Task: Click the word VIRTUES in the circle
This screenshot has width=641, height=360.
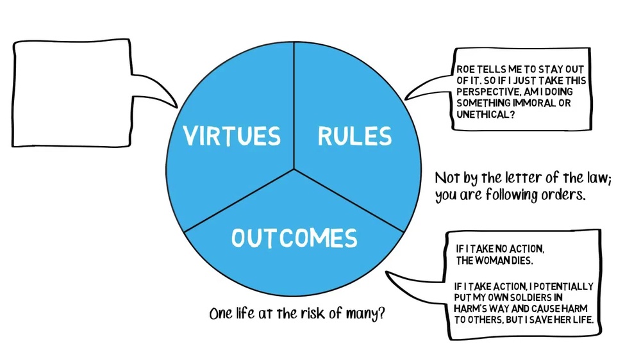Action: point(231,136)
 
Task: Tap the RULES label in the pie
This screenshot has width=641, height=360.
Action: point(354,136)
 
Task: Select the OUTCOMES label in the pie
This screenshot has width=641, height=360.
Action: point(294,238)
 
